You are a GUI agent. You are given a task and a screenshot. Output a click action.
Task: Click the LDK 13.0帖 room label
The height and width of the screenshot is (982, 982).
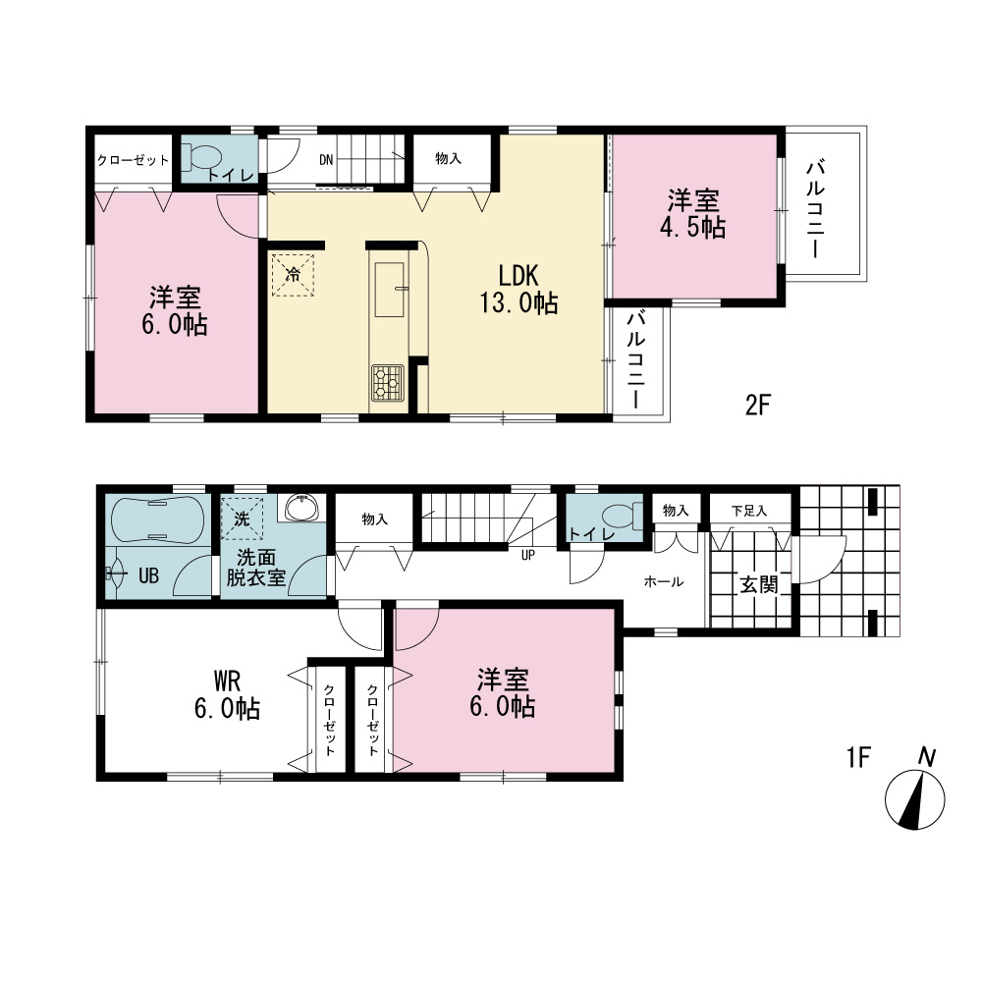click(x=518, y=290)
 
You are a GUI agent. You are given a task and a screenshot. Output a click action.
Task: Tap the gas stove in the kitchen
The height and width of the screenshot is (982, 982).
click(x=388, y=383)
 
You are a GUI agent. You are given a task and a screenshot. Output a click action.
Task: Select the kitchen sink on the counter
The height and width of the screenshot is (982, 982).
click(x=390, y=290)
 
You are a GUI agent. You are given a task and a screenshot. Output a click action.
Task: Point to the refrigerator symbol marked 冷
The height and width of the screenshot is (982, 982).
click(x=293, y=274)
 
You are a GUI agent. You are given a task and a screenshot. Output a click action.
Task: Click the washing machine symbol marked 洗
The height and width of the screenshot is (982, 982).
click(x=242, y=518)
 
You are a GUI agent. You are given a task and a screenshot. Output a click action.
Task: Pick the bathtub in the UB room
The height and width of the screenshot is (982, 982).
click(x=157, y=519)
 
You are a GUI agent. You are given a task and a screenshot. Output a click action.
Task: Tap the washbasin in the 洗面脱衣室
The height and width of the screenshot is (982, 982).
click(x=301, y=508)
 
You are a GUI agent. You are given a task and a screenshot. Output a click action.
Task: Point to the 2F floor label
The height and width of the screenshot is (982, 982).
click(x=757, y=406)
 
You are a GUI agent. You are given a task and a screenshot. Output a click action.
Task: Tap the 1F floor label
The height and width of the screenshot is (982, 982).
click(x=858, y=758)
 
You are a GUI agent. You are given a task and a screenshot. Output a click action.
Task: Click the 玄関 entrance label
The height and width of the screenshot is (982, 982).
click(x=758, y=585)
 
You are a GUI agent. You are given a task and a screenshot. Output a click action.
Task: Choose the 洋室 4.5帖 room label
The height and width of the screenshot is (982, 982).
click(x=692, y=214)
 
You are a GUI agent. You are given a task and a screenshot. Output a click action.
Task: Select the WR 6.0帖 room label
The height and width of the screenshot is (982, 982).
click(x=227, y=694)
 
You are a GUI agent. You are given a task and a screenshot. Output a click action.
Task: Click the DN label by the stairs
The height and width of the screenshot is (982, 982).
click(x=326, y=160)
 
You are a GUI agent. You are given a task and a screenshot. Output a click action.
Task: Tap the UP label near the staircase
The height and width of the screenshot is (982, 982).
click(x=528, y=555)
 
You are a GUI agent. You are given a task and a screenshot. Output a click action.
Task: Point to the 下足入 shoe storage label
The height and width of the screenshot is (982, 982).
click(x=749, y=511)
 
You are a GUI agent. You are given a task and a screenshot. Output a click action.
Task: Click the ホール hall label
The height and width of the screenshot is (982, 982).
click(x=664, y=581)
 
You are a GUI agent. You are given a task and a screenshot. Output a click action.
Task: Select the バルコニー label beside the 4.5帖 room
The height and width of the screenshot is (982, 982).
click(x=815, y=209)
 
